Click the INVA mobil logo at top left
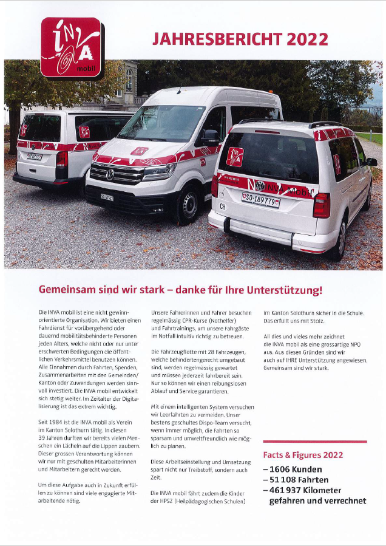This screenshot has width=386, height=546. pyautogui.click(x=71, y=47)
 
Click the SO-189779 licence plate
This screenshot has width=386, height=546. pyautogui.click(x=261, y=199)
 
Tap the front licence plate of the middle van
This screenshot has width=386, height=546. pyautogui.click(x=107, y=197)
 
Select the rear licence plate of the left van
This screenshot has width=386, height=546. pyautogui.click(x=34, y=156)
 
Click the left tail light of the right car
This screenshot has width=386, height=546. pyautogui.click(x=214, y=186)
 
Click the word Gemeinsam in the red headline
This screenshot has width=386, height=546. pyautogui.click(x=66, y=289)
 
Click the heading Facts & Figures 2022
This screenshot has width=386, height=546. pyautogui.click(x=303, y=455)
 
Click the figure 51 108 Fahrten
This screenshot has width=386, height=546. pyautogui.click(x=296, y=480)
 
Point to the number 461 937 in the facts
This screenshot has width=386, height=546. pyautogui.click(x=291, y=490)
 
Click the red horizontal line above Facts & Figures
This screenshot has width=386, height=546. pyautogui.click(x=314, y=442)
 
